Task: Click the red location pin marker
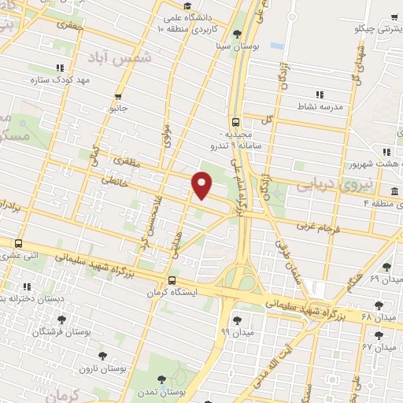tap(203, 186)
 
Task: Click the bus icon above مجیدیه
tap(236, 122)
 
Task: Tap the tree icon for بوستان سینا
tap(237, 33)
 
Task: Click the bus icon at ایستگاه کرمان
tap(172, 280)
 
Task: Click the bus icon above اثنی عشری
tap(18, 243)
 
